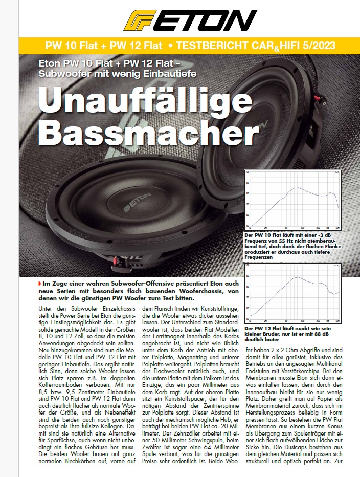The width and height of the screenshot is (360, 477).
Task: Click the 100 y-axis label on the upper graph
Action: coord(247,172)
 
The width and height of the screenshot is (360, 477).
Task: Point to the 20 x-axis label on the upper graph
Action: coord(265,227)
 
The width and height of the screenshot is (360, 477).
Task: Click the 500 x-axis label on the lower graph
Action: coord(337,321)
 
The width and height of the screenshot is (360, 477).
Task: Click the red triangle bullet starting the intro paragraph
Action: coord(40,283)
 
